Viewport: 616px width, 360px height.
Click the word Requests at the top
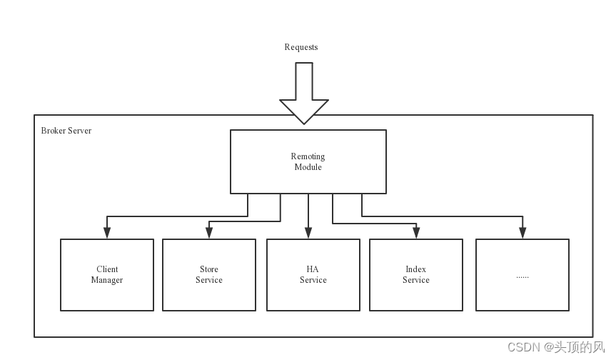[x=301, y=47]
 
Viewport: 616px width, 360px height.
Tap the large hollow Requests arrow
[x=303, y=93]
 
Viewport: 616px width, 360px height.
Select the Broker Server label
[x=66, y=131]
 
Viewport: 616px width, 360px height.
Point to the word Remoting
[x=308, y=156]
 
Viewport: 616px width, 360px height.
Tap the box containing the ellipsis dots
[x=522, y=275]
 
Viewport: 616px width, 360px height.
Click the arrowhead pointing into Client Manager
[x=107, y=232]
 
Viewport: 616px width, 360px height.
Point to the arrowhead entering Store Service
[x=209, y=232]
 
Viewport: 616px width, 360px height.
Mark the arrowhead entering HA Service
[x=308, y=232]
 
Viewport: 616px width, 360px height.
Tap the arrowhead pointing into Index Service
[x=415, y=232]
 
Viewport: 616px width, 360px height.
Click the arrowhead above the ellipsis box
[x=522, y=232]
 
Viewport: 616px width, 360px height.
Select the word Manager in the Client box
[x=107, y=280]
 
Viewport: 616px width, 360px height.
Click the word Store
[x=209, y=269]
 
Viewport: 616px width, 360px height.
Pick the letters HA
[x=313, y=269]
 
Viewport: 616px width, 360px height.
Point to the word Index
[x=415, y=269]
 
